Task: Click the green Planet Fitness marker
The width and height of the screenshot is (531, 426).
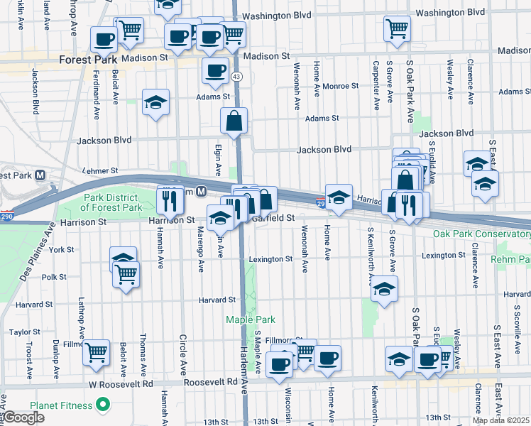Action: pos(103,405)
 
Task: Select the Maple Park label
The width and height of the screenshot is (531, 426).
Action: pos(245,319)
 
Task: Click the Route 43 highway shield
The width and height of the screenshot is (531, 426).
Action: pos(236,76)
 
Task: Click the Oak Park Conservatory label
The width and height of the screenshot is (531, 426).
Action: pos(481,234)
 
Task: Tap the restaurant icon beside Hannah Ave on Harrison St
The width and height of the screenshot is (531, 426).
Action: pos(170,200)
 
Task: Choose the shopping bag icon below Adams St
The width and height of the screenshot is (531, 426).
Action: pos(234,122)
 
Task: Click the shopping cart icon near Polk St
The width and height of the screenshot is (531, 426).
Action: pos(127,273)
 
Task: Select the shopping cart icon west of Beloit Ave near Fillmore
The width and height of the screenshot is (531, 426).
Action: pos(97,351)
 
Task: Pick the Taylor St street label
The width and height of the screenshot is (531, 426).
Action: pos(24,332)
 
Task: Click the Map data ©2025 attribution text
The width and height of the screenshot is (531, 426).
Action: pos(500,420)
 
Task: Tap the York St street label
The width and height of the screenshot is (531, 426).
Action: pos(62,250)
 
